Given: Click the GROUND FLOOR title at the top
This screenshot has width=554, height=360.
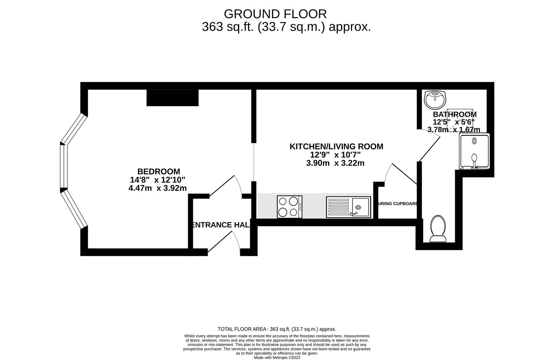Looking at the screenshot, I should coord(275,14).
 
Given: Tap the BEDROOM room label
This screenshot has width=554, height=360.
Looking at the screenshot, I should coord(158,172).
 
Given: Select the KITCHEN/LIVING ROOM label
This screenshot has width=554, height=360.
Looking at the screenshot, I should coord(336,146).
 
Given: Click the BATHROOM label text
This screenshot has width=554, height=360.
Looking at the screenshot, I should coord(454,114).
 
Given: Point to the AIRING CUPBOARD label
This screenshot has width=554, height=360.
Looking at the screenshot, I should coord(397,204).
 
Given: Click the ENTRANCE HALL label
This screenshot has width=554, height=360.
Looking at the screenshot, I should coord(221,225).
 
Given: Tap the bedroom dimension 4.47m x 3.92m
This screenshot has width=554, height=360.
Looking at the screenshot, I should coord(157,188).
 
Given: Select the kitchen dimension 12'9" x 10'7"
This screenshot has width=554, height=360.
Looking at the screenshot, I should coord(335,155).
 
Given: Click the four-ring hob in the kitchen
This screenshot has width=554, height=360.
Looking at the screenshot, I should coord(289,207).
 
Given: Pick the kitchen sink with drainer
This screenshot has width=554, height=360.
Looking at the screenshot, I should coord(348,207).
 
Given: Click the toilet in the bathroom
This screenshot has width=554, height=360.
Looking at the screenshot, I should coord(438,228).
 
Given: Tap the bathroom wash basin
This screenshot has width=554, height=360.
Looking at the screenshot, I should coord(435,99).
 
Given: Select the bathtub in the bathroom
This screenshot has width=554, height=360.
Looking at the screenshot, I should coord(474,151).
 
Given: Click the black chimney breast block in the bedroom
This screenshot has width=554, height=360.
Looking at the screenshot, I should coord(172,98).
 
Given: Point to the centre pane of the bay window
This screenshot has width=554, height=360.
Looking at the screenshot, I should coord(64,166).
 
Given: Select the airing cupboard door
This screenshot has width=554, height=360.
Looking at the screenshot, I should coord(404,174).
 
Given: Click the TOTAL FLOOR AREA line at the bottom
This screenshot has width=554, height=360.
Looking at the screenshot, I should coord(277,329).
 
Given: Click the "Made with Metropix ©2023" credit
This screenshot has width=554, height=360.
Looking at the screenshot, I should coord(277,358).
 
